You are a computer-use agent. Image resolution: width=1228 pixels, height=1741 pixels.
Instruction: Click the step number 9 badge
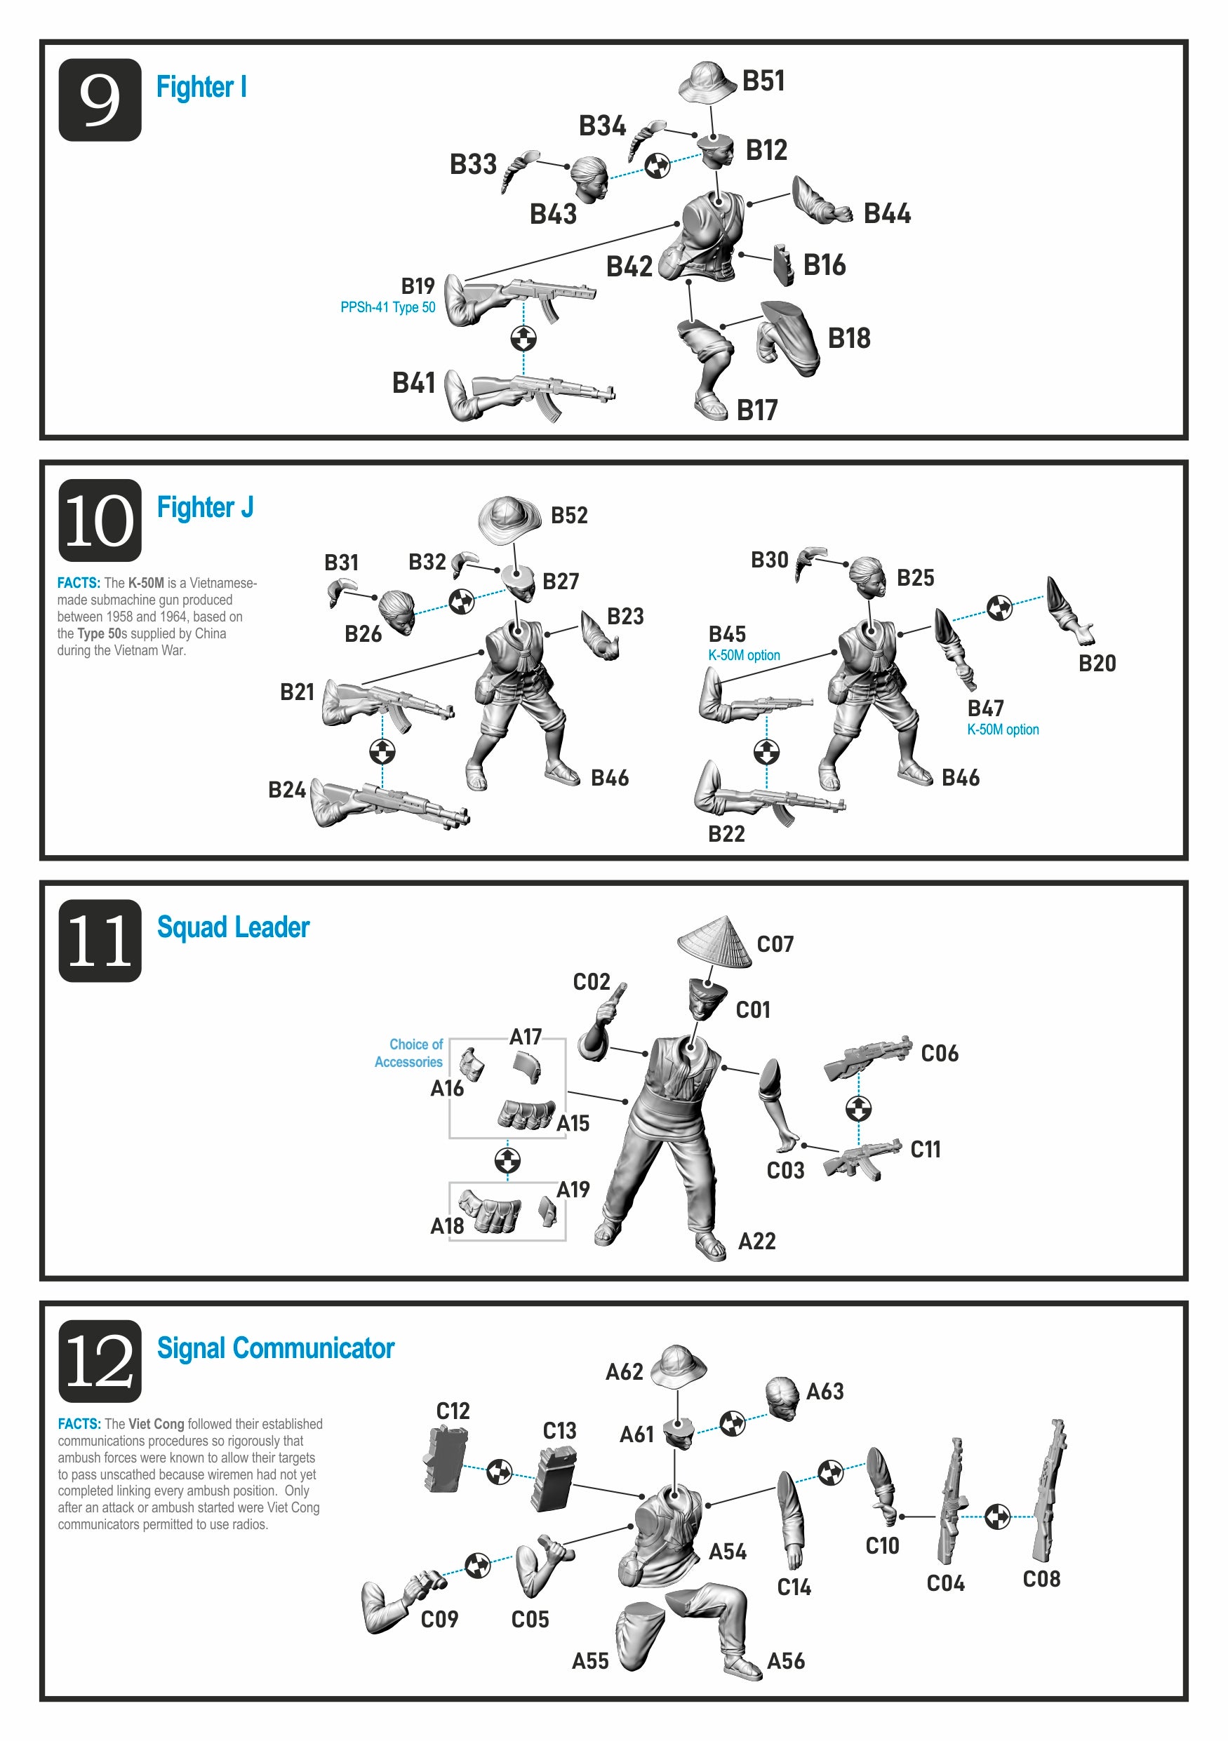pyautogui.click(x=100, y=100)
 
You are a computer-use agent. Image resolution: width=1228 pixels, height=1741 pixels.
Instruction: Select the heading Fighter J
pyautogui.click(x=205, y=506)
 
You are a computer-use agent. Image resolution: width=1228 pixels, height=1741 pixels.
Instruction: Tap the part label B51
pyautogui.click(x=763, y=81)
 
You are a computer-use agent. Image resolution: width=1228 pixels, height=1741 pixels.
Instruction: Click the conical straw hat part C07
pyautogui.click(x=714, y=943)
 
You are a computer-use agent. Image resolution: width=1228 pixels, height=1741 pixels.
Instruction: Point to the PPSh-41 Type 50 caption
pyautogui.click(x=387, y=307)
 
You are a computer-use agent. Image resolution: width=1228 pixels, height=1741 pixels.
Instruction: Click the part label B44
pyautogui.click(x=887, y=214)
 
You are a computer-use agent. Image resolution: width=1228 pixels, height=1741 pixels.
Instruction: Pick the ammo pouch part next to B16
pyautogui.click(x=784, y=264)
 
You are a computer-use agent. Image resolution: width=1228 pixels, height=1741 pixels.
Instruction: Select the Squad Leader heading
pyautogui.click(x=233, y=927)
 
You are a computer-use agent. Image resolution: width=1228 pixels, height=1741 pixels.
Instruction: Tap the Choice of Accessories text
pyautogui.click(x=409, y=1054)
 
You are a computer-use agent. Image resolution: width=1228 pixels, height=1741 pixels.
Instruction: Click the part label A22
pyautogui.click(x=757, y=1242)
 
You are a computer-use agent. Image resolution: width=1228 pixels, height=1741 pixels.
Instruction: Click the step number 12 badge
pyautogui.click(x=100, y=1361)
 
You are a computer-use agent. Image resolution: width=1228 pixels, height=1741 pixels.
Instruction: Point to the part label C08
pyautogui.click(x=1041, y=1579)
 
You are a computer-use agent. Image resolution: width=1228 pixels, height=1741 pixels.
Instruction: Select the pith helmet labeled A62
pyautogui.click(x=679, y=1365)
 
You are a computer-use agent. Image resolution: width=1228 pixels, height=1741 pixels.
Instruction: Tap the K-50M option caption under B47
pyautogui.click(x=1003, y=730)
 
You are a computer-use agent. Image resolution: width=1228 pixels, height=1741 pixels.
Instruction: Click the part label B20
pyautogui.click(x=1097, y=664)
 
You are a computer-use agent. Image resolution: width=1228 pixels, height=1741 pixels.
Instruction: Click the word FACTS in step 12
pyautogui.click(x=79, y=1424)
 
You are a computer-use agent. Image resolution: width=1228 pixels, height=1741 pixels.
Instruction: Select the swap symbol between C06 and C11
pyautogui.click(x=858, y=1108)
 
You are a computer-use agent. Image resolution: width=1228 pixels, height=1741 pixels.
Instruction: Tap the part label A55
pyautogui.click(x=590, y=1661)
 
